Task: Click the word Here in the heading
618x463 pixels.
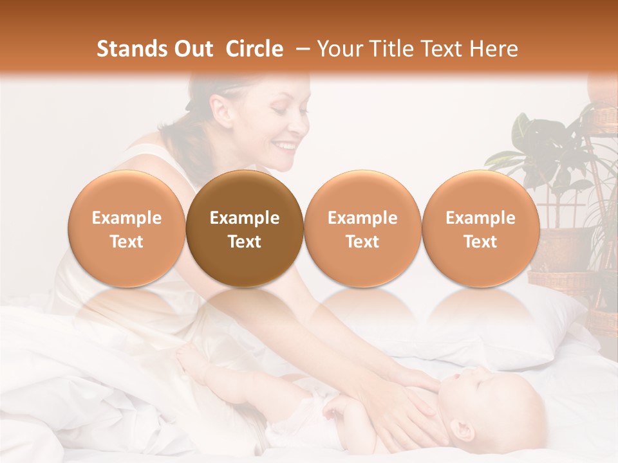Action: [x=494, y=49]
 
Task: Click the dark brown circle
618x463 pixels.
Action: [x=245, y=229]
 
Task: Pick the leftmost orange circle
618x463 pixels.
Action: [x=127, y=229]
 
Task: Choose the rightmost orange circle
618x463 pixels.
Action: [x=480, y=229]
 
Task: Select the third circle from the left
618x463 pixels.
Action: [x=362, y=229]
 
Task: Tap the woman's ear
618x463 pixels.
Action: [x=223, y=111]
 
